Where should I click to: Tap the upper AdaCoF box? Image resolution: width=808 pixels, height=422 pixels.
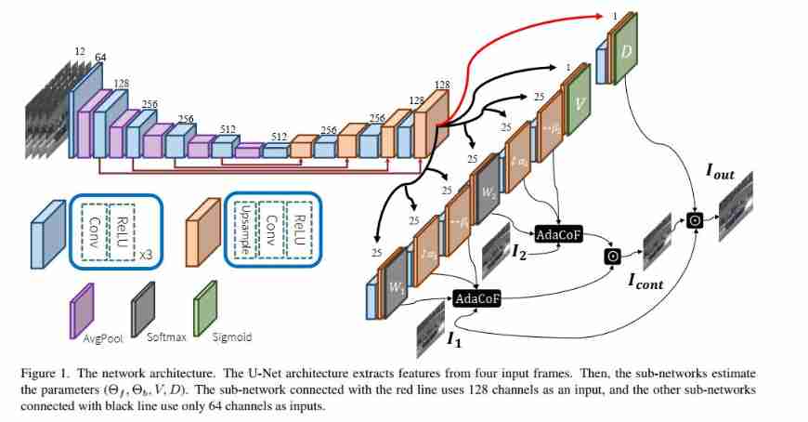558,234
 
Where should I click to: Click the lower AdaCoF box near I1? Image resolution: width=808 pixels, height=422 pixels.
476,297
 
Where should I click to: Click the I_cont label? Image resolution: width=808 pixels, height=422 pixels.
645,284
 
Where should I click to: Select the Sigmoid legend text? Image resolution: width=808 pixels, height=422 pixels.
232,337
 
